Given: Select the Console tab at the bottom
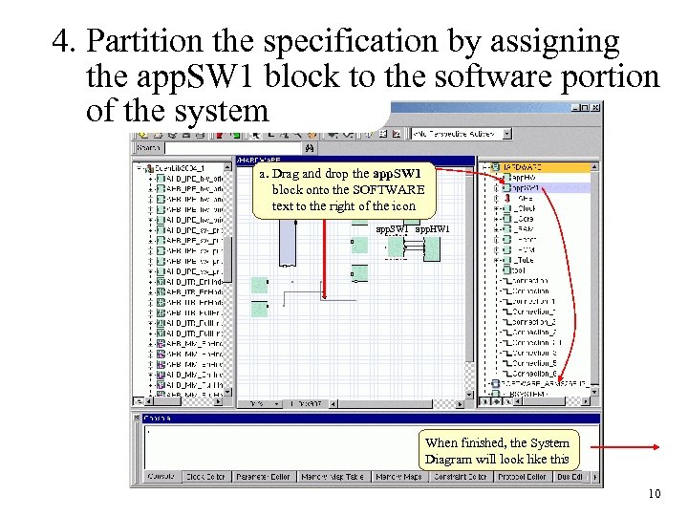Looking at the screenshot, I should [160, 476].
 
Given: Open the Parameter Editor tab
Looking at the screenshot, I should [264, 476].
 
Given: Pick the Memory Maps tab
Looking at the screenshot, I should [398, 476].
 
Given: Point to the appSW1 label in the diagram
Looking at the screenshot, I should [392, 229].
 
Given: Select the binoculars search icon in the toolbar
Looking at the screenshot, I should [309, 148].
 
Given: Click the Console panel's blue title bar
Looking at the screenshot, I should [363, 418].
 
